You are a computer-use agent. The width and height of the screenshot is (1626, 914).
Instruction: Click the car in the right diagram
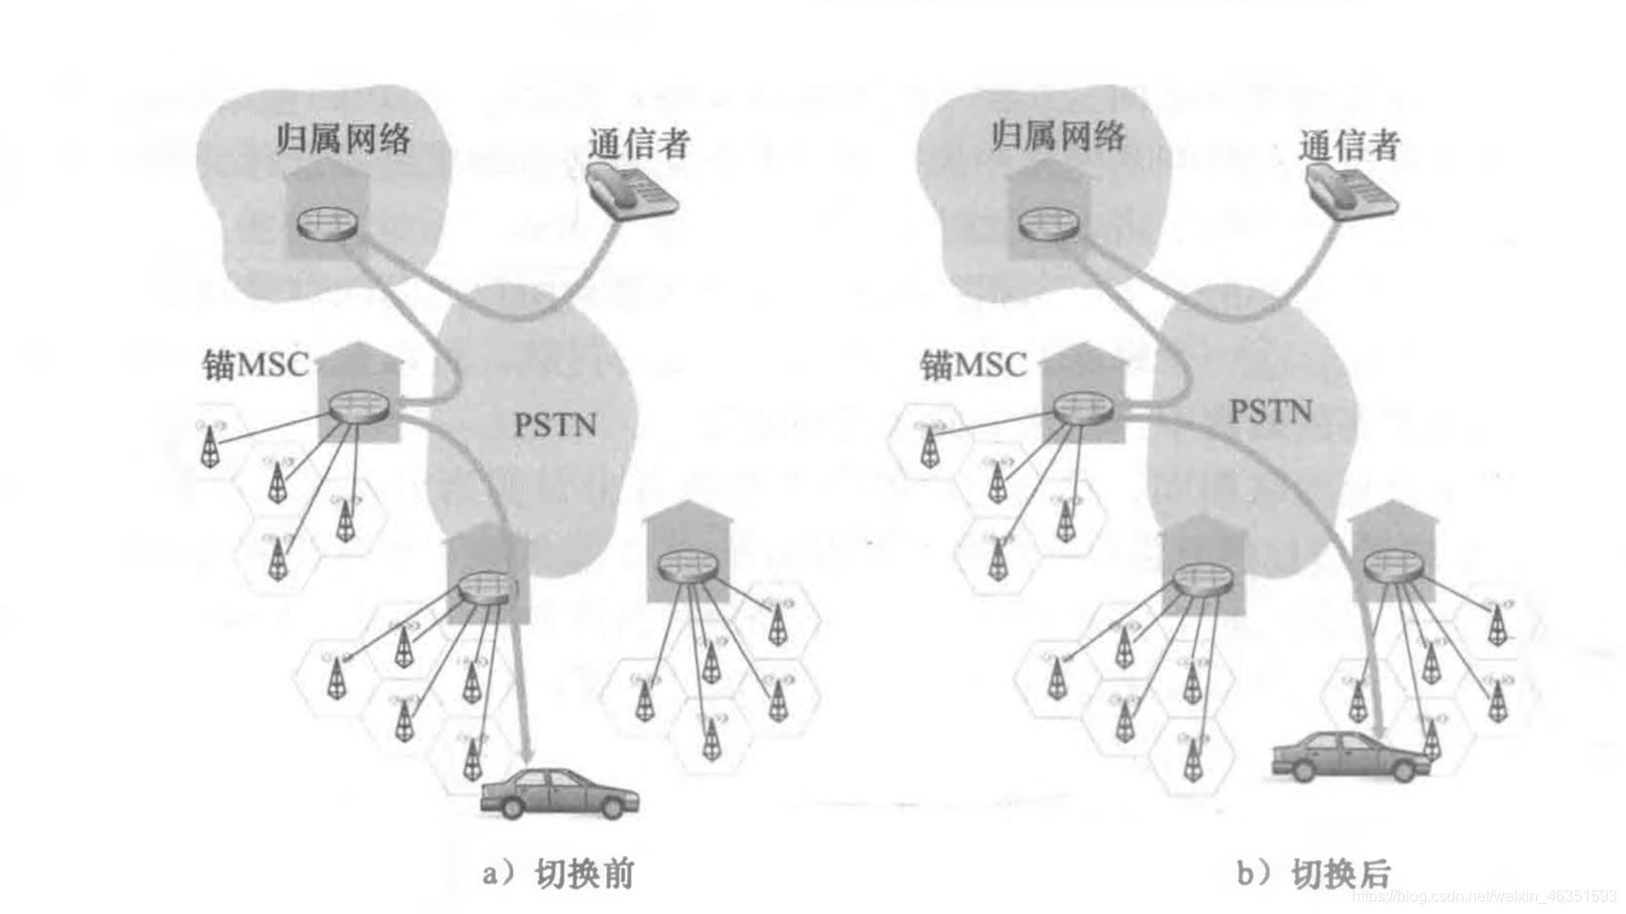[1351, 756]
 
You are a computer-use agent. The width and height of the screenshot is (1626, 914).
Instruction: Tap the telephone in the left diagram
[631, 190]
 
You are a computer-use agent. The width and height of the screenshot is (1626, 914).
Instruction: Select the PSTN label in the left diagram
[555, 425]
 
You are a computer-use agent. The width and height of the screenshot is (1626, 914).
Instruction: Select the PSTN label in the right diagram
[1269, 412]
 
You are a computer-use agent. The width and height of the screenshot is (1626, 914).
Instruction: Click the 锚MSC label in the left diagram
[255, 365]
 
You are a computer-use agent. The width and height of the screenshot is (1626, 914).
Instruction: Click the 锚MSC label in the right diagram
[973, 365]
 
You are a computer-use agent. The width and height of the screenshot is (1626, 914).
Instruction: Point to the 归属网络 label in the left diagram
[342, 139]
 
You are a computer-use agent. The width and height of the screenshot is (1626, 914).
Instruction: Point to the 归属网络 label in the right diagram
[1057, 135]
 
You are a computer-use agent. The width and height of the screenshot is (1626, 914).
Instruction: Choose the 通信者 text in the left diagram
[639, 144]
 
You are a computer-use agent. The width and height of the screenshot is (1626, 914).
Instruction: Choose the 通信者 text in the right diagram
[1349, 146]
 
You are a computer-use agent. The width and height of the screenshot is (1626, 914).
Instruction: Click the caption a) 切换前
[559, 872]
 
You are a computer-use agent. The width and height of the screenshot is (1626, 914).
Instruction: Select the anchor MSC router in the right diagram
[1083, 407]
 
